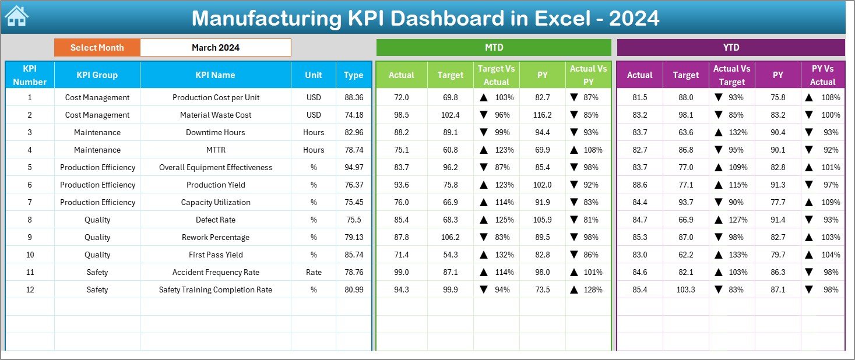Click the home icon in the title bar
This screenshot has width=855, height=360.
click(x=16, y=16)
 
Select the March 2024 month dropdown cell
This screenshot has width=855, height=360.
click(x=215, y=48)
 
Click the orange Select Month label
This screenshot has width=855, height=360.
click(x=97, y=48)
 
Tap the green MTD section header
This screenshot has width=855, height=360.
click(x=494, y=47)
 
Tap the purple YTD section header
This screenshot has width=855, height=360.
click(x=731, y=47)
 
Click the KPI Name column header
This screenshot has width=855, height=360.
click(x=215, y=75)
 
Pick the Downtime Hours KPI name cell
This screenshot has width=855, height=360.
click(x=215, y=132)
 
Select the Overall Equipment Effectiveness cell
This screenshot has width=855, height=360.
click(x=215, y=167)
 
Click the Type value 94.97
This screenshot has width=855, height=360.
click(x=354, y=167)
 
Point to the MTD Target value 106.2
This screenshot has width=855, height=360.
click(x=450, y=237)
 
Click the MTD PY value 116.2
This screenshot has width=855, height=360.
click(x=542, y=115)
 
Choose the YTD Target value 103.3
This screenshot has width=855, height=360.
click(x=685, y=290)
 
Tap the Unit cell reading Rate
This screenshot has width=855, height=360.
click(x=314, y=272)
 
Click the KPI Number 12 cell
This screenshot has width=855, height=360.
click(x=30, y=290)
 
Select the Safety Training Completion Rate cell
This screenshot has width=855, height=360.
click(x=215, y=290)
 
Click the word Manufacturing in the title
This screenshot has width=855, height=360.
click(x=266, y=18)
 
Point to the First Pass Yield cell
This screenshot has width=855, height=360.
click(x=215, y=255)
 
